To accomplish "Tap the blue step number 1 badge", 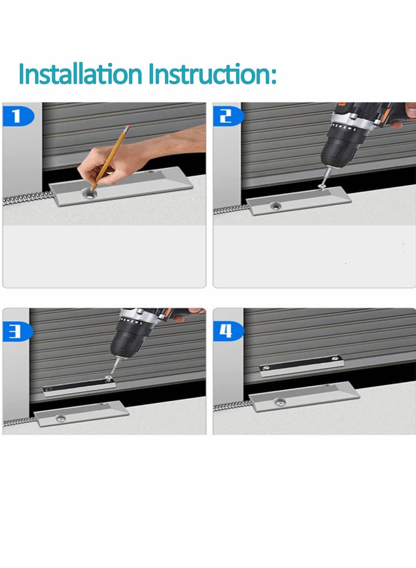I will pos(16,116).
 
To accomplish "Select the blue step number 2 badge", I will pos(226,116).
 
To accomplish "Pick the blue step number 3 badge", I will pos(16,331).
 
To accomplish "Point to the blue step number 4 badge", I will pos(226,331).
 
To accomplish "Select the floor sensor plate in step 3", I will pos(81,415).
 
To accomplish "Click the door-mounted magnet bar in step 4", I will pos(300,365).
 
